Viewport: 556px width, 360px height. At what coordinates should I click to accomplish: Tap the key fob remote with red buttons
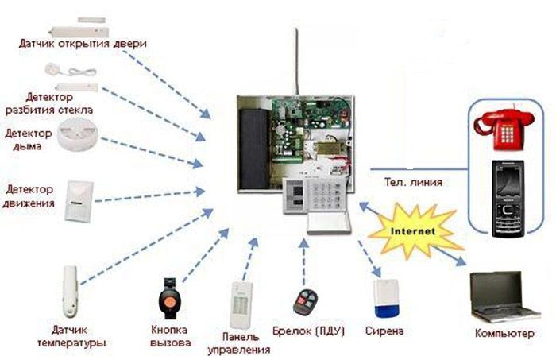click(x=303, y=301)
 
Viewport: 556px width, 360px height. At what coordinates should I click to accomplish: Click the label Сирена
click(x=384, y=330)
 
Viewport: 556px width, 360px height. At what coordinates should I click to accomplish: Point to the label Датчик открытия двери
click(x=83, y=42)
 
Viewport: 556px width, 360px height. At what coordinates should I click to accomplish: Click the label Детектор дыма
click(x=29, y=140)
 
